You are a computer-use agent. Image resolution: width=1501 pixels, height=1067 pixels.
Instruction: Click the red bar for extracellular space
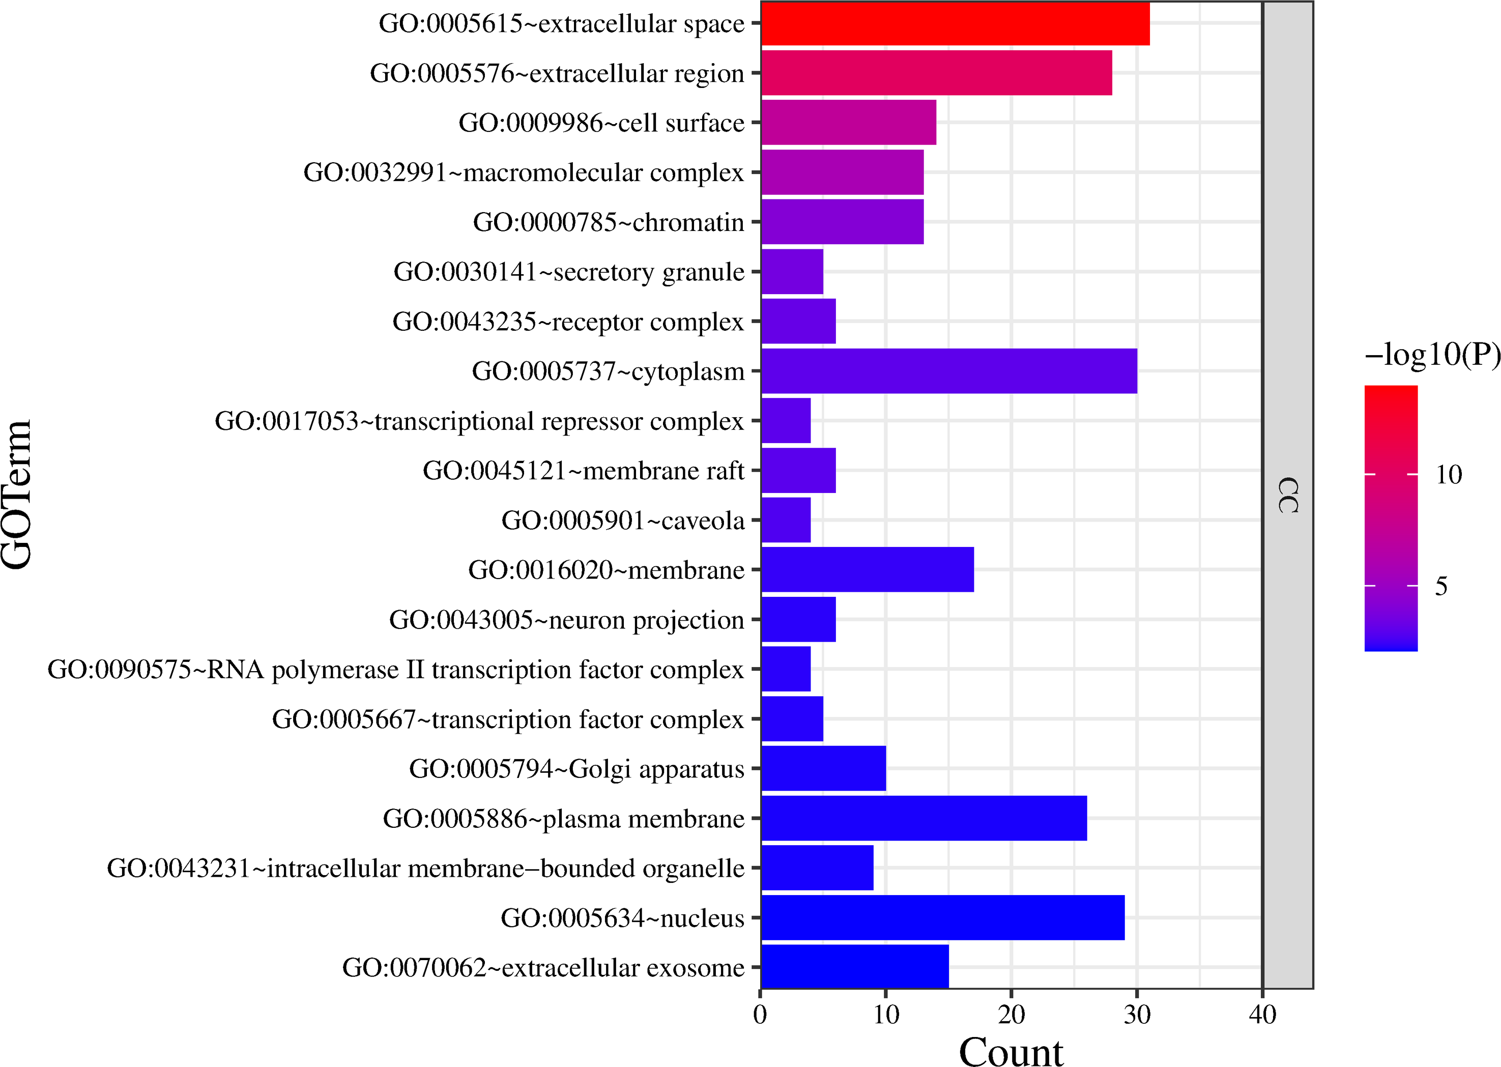(x=955, y=23)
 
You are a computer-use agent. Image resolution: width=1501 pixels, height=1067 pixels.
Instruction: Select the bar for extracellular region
(x=936, y=73)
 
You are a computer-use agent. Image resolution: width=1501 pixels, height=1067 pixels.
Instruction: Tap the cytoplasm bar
(x=948, y=371)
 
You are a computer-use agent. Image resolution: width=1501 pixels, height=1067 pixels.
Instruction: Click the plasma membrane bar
(x=923, y=818)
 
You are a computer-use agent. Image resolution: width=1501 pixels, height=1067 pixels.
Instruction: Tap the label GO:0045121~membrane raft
(x=583, y=471)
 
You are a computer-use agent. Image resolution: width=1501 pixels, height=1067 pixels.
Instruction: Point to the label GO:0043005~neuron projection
(x=566, y=620)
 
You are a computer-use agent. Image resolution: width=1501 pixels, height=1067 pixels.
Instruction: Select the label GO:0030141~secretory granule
(x=569, y=271)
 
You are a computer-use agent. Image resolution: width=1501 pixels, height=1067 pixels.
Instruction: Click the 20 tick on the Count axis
(x=1011, y=1015)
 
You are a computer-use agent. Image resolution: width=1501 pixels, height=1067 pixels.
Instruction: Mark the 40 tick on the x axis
(x=1262, y=1015)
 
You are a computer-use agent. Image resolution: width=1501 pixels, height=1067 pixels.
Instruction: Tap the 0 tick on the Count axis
(x=760, y=1015)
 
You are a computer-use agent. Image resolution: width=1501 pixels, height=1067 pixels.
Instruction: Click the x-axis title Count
(x=1011, y=1051)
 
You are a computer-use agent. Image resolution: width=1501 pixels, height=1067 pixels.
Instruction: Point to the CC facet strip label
(x=1287, y=494)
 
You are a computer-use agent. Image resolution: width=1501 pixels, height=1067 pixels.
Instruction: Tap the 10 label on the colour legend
(x=1449, y=474)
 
